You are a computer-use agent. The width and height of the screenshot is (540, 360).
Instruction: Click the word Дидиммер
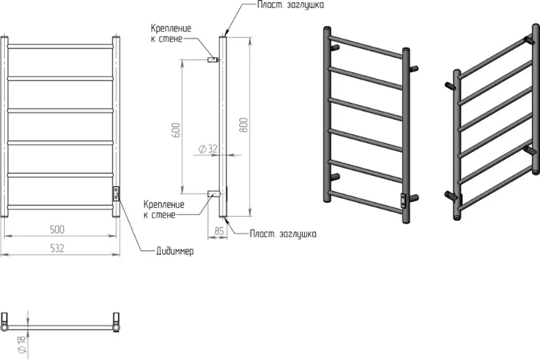tap(171, 252)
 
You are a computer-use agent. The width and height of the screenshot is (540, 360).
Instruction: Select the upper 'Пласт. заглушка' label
tap(291, 5)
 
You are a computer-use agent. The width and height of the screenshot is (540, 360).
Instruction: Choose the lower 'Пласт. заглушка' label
tap(282, 233)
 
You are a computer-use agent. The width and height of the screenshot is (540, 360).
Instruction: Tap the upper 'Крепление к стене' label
tap(171, 33)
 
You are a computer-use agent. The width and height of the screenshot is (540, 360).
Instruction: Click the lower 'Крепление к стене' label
tap(164, 209)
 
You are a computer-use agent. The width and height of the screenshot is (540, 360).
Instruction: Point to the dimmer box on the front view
tap(117, 194)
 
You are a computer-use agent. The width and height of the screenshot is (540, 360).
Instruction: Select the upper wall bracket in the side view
tap(212, 59)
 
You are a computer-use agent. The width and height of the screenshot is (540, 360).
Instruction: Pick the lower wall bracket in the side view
tap(213, 194)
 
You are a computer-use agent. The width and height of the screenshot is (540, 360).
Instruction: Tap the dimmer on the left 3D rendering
tap(404, 200)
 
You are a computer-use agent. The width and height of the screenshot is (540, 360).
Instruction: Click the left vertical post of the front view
tap(5, 126)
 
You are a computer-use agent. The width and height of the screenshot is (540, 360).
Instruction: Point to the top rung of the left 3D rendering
tap(367, 47)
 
